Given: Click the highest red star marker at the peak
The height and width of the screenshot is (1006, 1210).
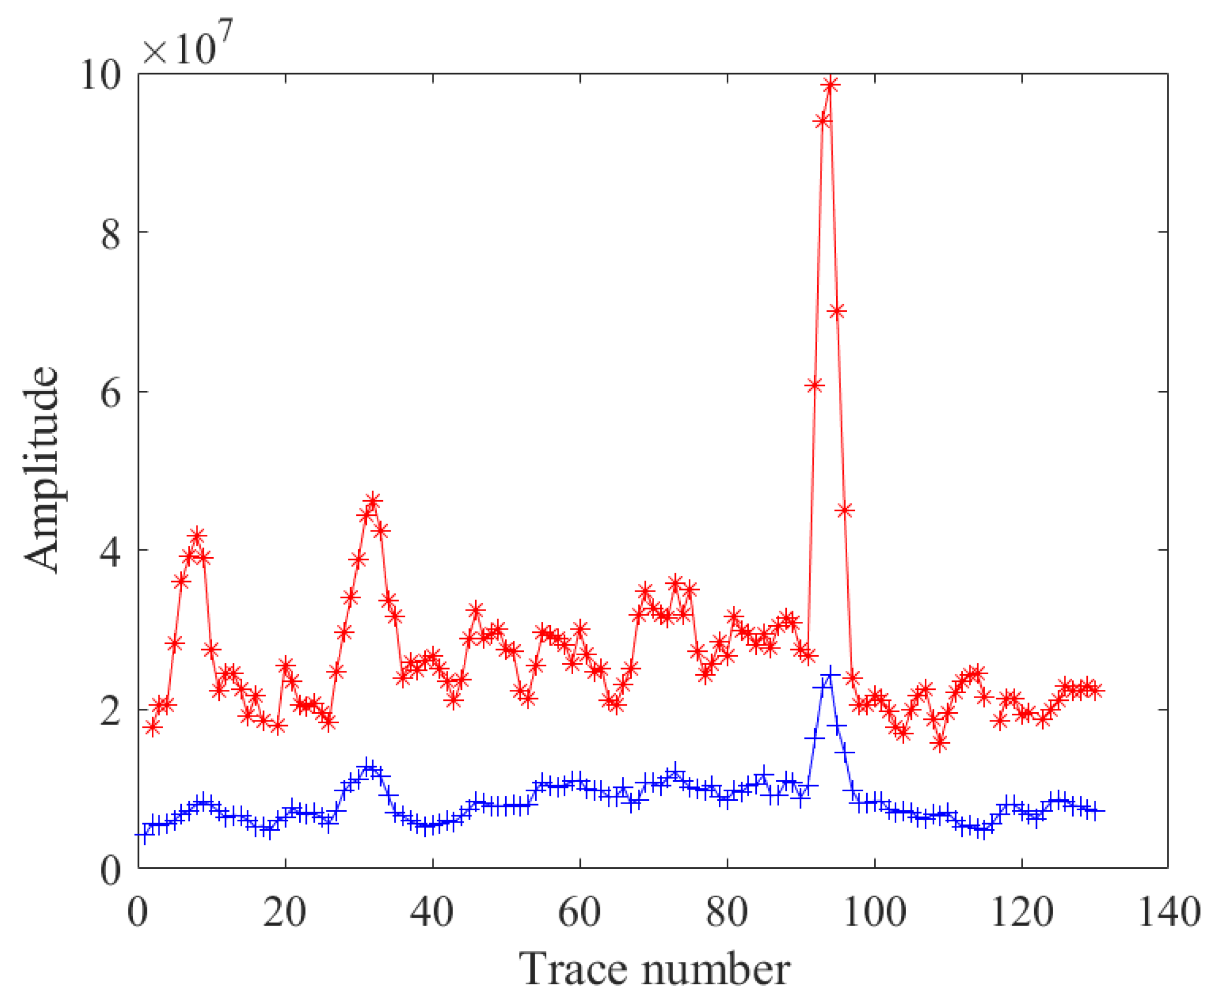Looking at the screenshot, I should (830, 85).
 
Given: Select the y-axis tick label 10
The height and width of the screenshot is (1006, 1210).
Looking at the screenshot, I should (101, 75).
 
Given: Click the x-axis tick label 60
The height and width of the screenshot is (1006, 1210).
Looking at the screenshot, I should (580, 913).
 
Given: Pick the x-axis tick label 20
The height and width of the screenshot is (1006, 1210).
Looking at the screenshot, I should (285, 913).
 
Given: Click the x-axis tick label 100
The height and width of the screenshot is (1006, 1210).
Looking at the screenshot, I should (875, 913).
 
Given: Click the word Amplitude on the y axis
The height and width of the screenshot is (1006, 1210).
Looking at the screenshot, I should (41, 470).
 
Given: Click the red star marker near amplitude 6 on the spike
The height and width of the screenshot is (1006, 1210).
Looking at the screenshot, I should (814, 386).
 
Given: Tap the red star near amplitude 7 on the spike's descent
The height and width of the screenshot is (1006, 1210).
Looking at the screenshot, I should (837, 312).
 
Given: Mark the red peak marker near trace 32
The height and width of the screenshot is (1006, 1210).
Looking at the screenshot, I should (373, 501).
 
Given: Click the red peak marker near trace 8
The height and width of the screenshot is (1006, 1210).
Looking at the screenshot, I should (197, 536).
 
